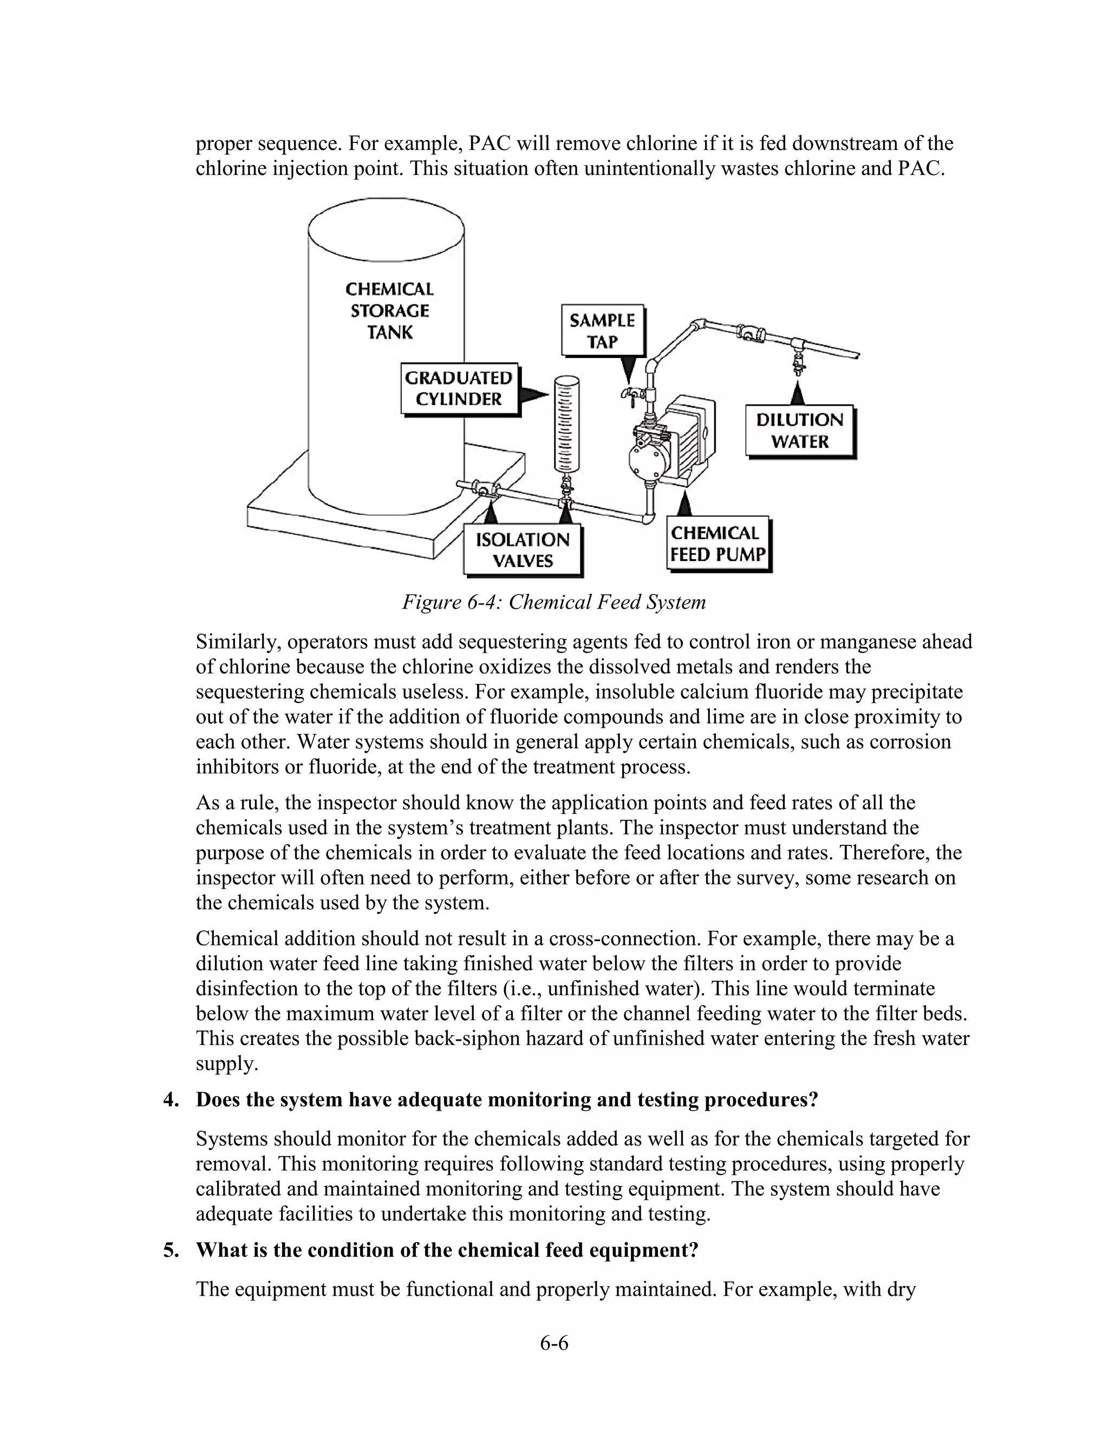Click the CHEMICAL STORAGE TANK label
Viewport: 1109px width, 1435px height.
[389, 311]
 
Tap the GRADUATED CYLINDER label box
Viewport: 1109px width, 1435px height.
[459, 389]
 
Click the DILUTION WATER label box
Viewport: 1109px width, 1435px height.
[800, 431]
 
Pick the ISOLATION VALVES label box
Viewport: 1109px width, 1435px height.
[523, 551]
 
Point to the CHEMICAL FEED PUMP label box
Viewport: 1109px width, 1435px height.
[717, 544]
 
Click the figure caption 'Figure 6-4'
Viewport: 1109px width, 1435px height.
[553, 602]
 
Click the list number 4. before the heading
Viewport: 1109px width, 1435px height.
[171, 1100]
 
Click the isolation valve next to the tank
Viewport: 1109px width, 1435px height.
[483, 490]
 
